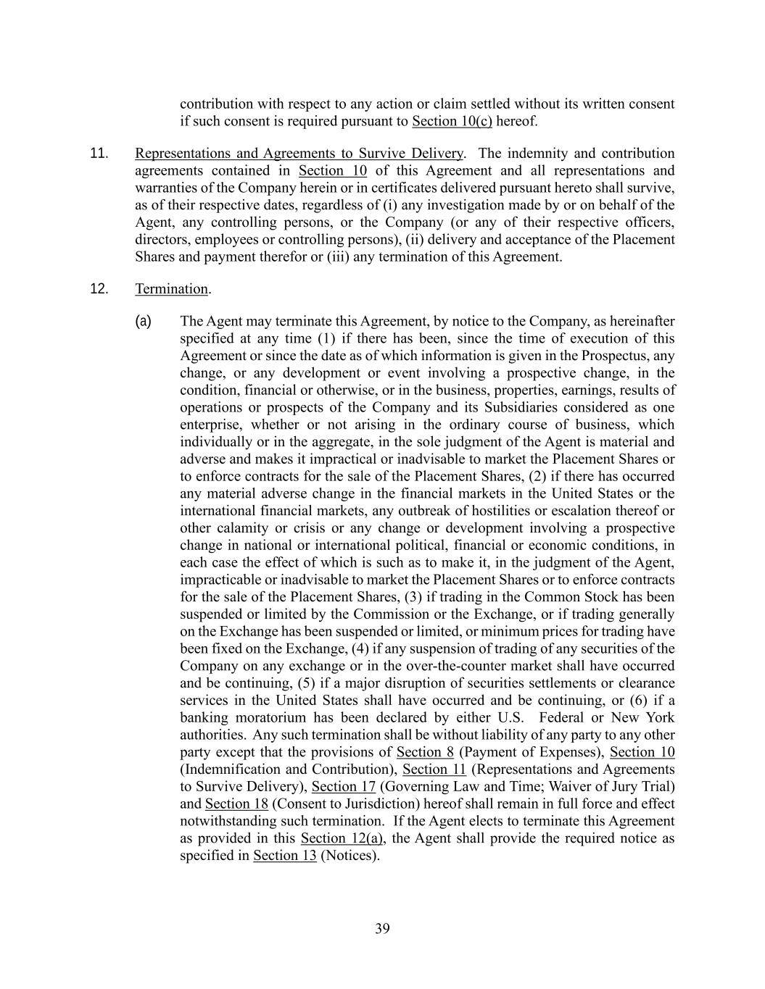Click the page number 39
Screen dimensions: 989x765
(x=383, y=929)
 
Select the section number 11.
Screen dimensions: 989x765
(x=99, y=154)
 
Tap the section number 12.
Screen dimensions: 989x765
(x=99, y=289)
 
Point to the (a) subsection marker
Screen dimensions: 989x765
(x=144, y=321)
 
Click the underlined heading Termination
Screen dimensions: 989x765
(x=172, y=289)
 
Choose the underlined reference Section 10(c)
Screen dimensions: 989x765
(x=452, y=121)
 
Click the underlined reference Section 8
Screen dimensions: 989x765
(x=425, y=752)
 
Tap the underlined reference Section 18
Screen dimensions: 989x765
(x=237, y=804)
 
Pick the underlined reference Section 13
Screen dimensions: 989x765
(x=285, y=856)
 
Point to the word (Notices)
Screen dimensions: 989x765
(x=350, y=856)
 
